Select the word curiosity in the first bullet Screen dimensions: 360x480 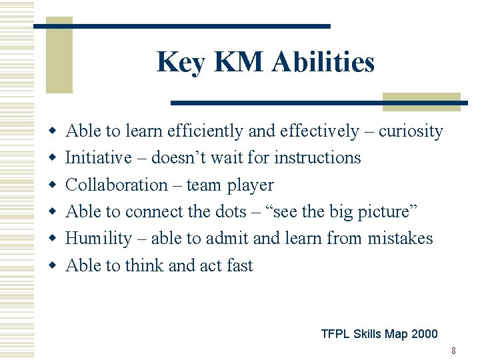point(411,131)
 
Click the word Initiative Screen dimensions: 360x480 point(98,158)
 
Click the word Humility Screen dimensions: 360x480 point(99,238)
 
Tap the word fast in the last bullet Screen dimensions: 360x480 point(239,265)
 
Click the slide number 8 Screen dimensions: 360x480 point(453,351)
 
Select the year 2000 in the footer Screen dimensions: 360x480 point(425,334)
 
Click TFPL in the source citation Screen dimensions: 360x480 point(335,334)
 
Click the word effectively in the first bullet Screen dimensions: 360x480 point(313,131)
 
